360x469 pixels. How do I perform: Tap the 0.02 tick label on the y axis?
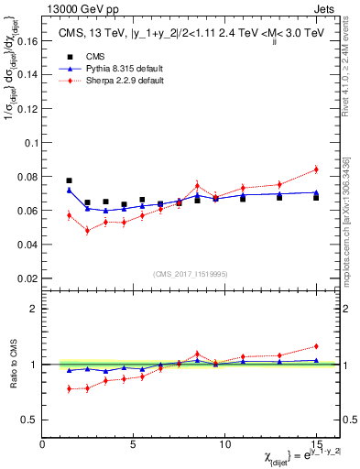pos(28,278)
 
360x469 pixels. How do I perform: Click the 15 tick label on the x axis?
pos(316,443)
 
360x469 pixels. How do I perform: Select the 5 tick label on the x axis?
pos(134,443)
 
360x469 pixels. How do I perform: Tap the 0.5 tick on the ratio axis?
pos(31,419)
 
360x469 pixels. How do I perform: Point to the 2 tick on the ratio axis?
pos(36,309)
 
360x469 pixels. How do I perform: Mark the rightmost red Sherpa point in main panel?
pos(316,169)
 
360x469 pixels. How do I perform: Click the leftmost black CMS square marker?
pos(70,181)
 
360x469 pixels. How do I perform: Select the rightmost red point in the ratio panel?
pos(316,346)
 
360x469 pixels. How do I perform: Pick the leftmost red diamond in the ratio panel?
pos(70,388)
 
